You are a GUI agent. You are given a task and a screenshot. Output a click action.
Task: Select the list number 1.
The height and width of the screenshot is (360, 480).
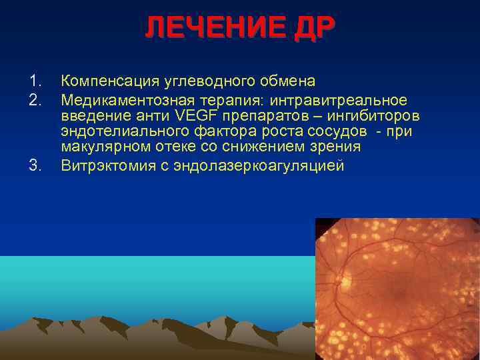(x=35, y=82)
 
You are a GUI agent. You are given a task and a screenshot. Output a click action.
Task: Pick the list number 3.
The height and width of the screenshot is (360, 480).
(x=35, y=165)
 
